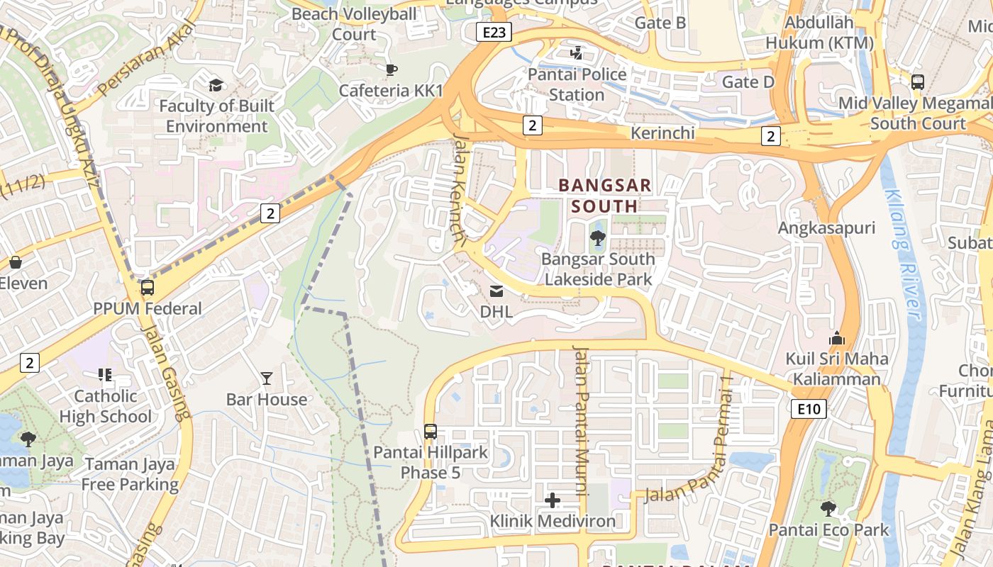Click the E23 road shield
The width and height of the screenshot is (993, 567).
pyautogui.click(x=494, y=31)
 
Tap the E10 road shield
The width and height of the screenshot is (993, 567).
pyautogui.click(x=809, y=408)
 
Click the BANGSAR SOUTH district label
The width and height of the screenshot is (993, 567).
pyautogui.click(x=605, y=196)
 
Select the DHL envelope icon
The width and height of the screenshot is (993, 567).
pyautogui.click(x=496, y=291)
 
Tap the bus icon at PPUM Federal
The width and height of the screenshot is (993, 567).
pyautogui.click(x=148, y=288)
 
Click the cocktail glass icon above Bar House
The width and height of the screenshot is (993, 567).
pyautogui.click(x=267, y=378)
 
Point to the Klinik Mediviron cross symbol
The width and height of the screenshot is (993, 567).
pyautogui.click(x=553, y=501)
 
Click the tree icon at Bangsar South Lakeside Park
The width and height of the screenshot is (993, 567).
pyautogui.click(x=598, y=238)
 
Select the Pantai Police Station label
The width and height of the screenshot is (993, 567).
pyautogui.click(x=577, y=84)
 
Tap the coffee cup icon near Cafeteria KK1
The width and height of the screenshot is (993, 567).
pyautogui.click(x=391, y=69)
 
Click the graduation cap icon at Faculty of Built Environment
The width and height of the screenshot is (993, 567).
pyautogui.click(x=216, y=86)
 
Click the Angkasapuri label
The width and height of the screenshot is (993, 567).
pyautogui.click(x=826, y=228)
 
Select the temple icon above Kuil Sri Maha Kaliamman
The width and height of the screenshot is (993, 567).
pyautogui.click(x=837, y=338)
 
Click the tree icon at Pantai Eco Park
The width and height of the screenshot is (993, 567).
pyautogui.click(x=828, y=508)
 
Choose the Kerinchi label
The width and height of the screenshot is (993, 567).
pyautogui.click(x=662, y=133)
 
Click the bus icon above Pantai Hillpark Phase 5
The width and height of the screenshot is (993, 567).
pyautogui.click(x=430, y=431)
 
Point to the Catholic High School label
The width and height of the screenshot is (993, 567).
pyautogui.click(x=106, y=406)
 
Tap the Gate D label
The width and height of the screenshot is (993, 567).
pyautogui.click(x=748, y=82)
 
